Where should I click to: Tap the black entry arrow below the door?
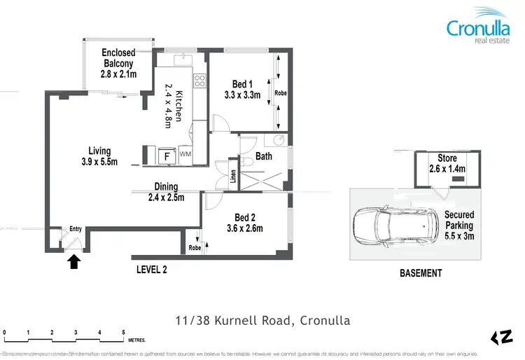click(75, 261)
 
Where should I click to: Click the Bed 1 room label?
click(242, 90)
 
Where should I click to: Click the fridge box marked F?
click(166, 155)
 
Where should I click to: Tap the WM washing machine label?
click(185, 153)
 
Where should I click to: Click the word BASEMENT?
click(420, 273)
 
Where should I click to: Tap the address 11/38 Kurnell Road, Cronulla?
click(262, 321)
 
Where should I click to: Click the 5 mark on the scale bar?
click(123, 333)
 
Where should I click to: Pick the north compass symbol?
click(501, 338)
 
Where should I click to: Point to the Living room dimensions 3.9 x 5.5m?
click(99, 162)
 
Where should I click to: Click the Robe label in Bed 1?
click(281, 93)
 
